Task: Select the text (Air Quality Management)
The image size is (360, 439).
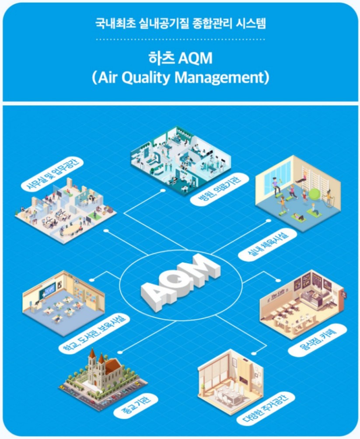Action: tap(180, 77)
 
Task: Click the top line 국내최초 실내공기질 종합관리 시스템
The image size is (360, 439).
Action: tap(180, 23)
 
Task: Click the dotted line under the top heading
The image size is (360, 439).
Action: tap(180, 40)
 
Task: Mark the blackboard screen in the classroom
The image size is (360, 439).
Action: tap(48, 289)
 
